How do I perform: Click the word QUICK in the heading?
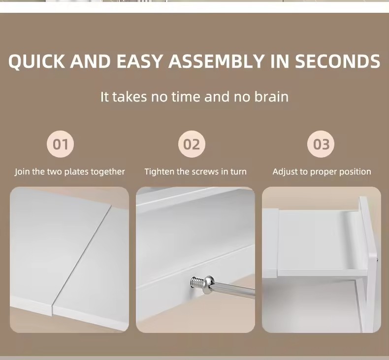click(x=36, y=61)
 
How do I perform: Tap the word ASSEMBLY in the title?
click(x=216, y=61)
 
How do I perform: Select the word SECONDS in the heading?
click(x=337, y=61)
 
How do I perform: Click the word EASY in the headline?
click(x=139, y=61)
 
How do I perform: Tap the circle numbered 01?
click(x=60, y=144)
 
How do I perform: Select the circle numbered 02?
click(x=192, y=144)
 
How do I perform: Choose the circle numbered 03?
click(x=321, y=144)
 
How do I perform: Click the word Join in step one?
click(x=22, y=172)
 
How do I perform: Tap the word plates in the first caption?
click(x=77, y=172)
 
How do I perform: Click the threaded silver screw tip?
click(x=197, y=282)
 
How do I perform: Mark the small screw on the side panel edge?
click(x=377, y=260)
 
